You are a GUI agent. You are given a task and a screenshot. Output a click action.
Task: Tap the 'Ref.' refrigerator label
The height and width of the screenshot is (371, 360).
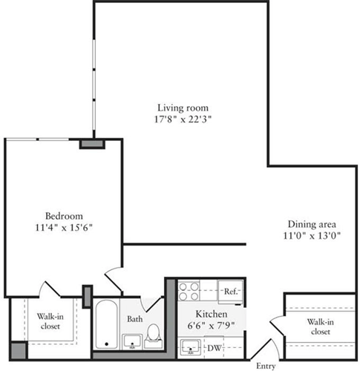[230, 292]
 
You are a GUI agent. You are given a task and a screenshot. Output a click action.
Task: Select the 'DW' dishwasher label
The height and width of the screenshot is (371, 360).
[213, 347]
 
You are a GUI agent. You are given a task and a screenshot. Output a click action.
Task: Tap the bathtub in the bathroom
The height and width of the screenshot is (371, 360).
[106, 324]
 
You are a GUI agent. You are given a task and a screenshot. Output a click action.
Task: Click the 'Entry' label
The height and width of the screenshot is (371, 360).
[266, 365]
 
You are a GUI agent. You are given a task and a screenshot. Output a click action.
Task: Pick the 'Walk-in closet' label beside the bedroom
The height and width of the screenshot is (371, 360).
[50, 321]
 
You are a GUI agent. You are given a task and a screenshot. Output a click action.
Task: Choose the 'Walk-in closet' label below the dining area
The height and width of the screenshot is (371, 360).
[321, 326]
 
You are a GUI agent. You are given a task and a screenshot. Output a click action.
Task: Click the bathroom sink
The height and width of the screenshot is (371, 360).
[132, 341]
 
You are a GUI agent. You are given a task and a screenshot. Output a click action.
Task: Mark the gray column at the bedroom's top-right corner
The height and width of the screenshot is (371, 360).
[90, 142]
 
